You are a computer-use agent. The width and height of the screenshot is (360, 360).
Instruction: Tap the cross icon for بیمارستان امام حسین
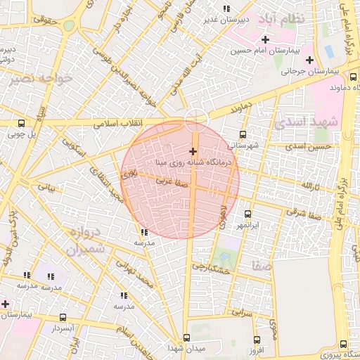264,40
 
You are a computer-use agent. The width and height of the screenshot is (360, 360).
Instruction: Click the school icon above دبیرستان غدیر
226,8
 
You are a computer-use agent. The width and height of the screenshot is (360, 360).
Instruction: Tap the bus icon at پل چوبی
20,123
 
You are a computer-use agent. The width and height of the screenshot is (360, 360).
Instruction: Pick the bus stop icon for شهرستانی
243,134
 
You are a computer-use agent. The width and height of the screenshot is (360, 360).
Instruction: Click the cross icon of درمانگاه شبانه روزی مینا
193,151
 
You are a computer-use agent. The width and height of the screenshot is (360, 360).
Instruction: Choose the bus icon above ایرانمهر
247,214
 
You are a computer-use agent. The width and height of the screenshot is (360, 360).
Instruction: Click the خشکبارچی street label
211,267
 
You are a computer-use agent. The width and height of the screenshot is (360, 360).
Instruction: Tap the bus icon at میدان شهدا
186,337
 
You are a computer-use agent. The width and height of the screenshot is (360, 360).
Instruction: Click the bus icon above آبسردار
63,317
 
